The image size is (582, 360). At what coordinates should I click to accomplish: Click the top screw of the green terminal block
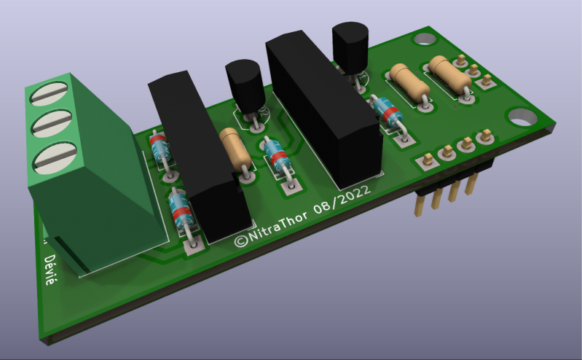point(53,93)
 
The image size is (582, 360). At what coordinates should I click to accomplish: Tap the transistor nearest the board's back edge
point(351,46)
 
